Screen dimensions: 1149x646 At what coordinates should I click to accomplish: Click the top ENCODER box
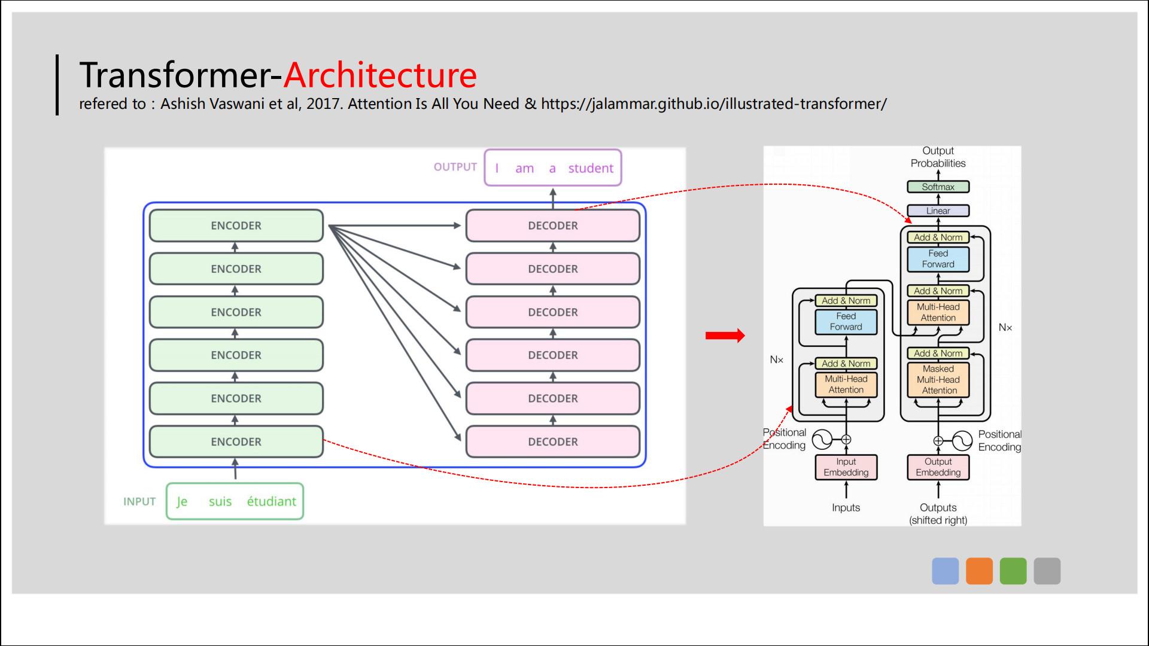pyautogui.click(x=236, y=226)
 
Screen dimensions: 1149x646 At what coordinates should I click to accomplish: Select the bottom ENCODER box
pyautogui.click(x=236, y=441)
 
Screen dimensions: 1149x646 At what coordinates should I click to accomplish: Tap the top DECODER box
pyautogui.click(x=553, y=226)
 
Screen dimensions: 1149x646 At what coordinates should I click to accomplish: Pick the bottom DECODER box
pyautogui.click(x=553, y=441)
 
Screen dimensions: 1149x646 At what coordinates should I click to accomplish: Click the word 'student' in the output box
pyautogui.click(x=591, y=168)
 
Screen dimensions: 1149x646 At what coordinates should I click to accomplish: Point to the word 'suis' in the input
pyautogui.click(x=220, y=501)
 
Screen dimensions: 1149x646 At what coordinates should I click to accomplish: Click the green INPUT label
pyautogui.click(x=139, y=501)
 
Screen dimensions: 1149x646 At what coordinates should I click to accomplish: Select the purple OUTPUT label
pyautogui.click(x=455, y=167)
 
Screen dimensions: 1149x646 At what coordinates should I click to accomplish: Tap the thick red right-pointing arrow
pyautogui.click(x=725, y=336)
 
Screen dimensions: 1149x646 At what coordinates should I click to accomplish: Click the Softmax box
pyautogui.click(x=938, y=187)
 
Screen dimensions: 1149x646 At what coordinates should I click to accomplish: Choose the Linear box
pyautogui.click(x=938, y=211)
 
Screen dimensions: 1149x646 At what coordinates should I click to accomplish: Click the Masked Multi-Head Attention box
pyautogui.click(x=938, y=379)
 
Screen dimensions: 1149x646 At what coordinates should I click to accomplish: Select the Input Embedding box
pyautogui.click(x=846, y=467)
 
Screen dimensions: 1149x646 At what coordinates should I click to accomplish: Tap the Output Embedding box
pyautogui.click(x=938, y=467)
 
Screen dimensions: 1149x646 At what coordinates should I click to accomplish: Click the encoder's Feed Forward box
pyautogui.click(x=846, y=322)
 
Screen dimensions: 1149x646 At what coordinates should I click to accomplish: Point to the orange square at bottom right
pyautogui.click(x=979, y=571)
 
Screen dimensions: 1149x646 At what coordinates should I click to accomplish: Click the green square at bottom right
pyautogui.click(x=1013, y=571)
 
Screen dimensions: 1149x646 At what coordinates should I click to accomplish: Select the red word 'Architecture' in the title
pyautogui.click(x=380, y=75)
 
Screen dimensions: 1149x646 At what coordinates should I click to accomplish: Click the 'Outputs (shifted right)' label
pyautogui.click(x=938, y=514)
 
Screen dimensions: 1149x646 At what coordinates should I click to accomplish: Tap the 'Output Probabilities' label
pyautogui.click(x=938, y=157)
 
